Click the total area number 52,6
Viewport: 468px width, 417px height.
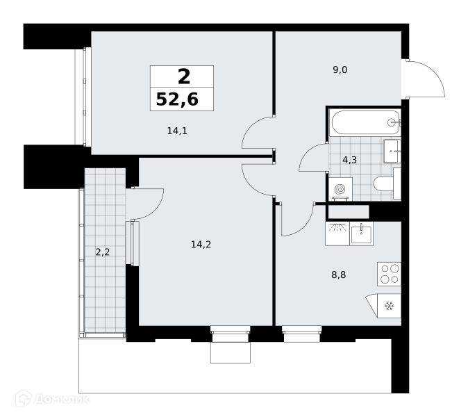(177, 99)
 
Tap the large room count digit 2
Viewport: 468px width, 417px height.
(184, 76)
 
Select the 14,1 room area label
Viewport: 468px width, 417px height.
(177, 131)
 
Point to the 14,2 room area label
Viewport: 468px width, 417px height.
(201, 245)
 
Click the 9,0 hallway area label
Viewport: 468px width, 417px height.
(340, 70)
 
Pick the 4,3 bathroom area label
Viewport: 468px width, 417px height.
(349, 160)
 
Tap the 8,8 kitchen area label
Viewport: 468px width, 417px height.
(338, 275)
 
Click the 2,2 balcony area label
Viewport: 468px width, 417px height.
(102, 252)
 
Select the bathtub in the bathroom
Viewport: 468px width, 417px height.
(365, 122)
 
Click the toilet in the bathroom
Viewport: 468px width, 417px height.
(387, 183)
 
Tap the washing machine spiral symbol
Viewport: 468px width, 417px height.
(340, 189)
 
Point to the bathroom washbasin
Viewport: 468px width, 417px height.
(392, 151)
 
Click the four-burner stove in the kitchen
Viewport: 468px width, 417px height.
(389, 274)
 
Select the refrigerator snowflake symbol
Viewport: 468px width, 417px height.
(389, 306)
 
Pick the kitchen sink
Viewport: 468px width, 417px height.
(361, 234)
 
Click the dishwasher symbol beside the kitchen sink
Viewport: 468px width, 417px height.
(337, 234)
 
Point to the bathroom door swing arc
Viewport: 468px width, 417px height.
(307, 152)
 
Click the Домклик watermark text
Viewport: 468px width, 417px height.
(62, 399)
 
